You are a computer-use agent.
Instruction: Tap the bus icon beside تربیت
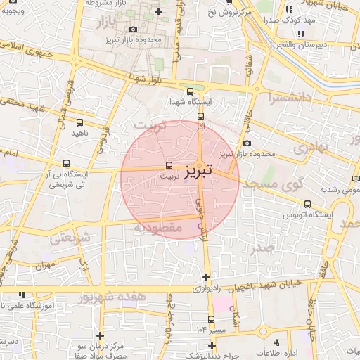click(168, 166)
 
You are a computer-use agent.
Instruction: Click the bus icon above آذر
click(200, 116)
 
